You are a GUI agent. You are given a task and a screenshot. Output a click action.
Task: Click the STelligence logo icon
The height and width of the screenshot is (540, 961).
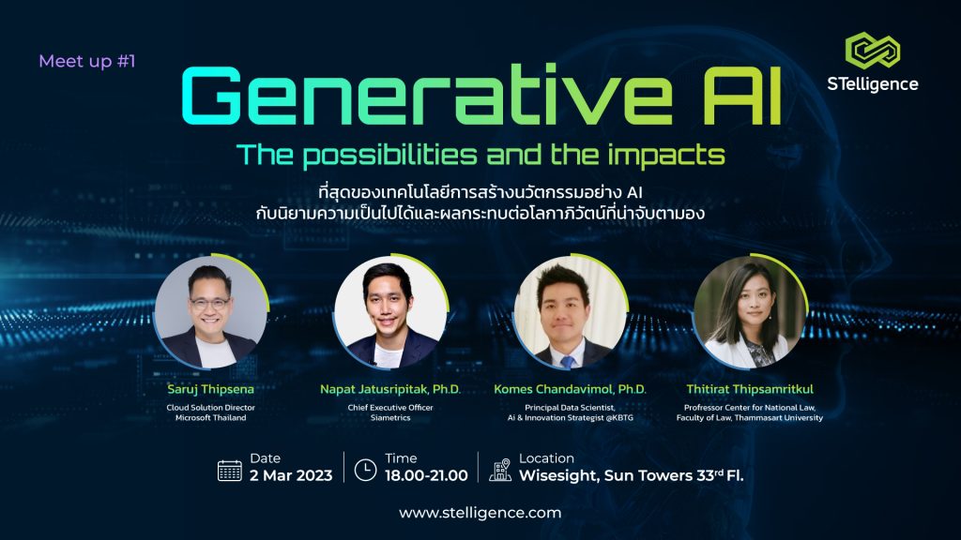coord(872,50)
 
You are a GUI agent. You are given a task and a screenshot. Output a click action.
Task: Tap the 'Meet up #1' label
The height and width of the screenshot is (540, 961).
coord(87,61)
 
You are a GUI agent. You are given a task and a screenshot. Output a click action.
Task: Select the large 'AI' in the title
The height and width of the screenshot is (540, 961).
coord(741,96)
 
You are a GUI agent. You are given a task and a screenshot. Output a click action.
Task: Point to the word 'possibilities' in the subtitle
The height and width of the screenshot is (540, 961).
coord(389,156)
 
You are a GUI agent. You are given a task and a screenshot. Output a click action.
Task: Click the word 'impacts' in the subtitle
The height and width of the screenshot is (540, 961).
coord(666,156)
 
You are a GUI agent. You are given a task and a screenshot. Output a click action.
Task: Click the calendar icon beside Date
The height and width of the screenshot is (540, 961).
coord(230,471)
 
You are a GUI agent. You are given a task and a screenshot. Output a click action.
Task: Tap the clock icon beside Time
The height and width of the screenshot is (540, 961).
coord(365,470)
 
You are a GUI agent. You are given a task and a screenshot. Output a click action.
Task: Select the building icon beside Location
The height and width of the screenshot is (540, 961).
coord(500,470)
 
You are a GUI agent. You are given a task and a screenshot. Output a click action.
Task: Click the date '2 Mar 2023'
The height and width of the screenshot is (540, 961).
coord(291,475)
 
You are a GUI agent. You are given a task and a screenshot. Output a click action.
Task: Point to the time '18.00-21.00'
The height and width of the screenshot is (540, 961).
coord(426,475)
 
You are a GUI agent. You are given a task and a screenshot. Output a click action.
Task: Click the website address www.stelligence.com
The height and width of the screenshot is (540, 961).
coord(480,513)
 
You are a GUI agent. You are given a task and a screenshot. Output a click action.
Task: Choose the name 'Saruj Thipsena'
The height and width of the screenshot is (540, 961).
coord(210,389)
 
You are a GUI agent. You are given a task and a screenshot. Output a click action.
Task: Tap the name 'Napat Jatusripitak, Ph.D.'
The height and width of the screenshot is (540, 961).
coord(390,389)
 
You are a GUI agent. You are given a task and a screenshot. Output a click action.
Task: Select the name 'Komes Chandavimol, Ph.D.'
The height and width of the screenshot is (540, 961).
coord(570,389)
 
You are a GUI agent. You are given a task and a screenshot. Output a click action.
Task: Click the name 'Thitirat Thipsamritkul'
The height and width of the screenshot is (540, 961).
coord(750,389)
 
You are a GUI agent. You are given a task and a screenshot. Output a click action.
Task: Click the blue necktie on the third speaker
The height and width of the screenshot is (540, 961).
coord(568,361)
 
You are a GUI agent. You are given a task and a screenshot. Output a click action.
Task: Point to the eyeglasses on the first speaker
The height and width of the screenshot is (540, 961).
coord(209,303)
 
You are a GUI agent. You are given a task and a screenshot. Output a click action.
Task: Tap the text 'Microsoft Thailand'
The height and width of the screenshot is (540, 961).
coord(211,417)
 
